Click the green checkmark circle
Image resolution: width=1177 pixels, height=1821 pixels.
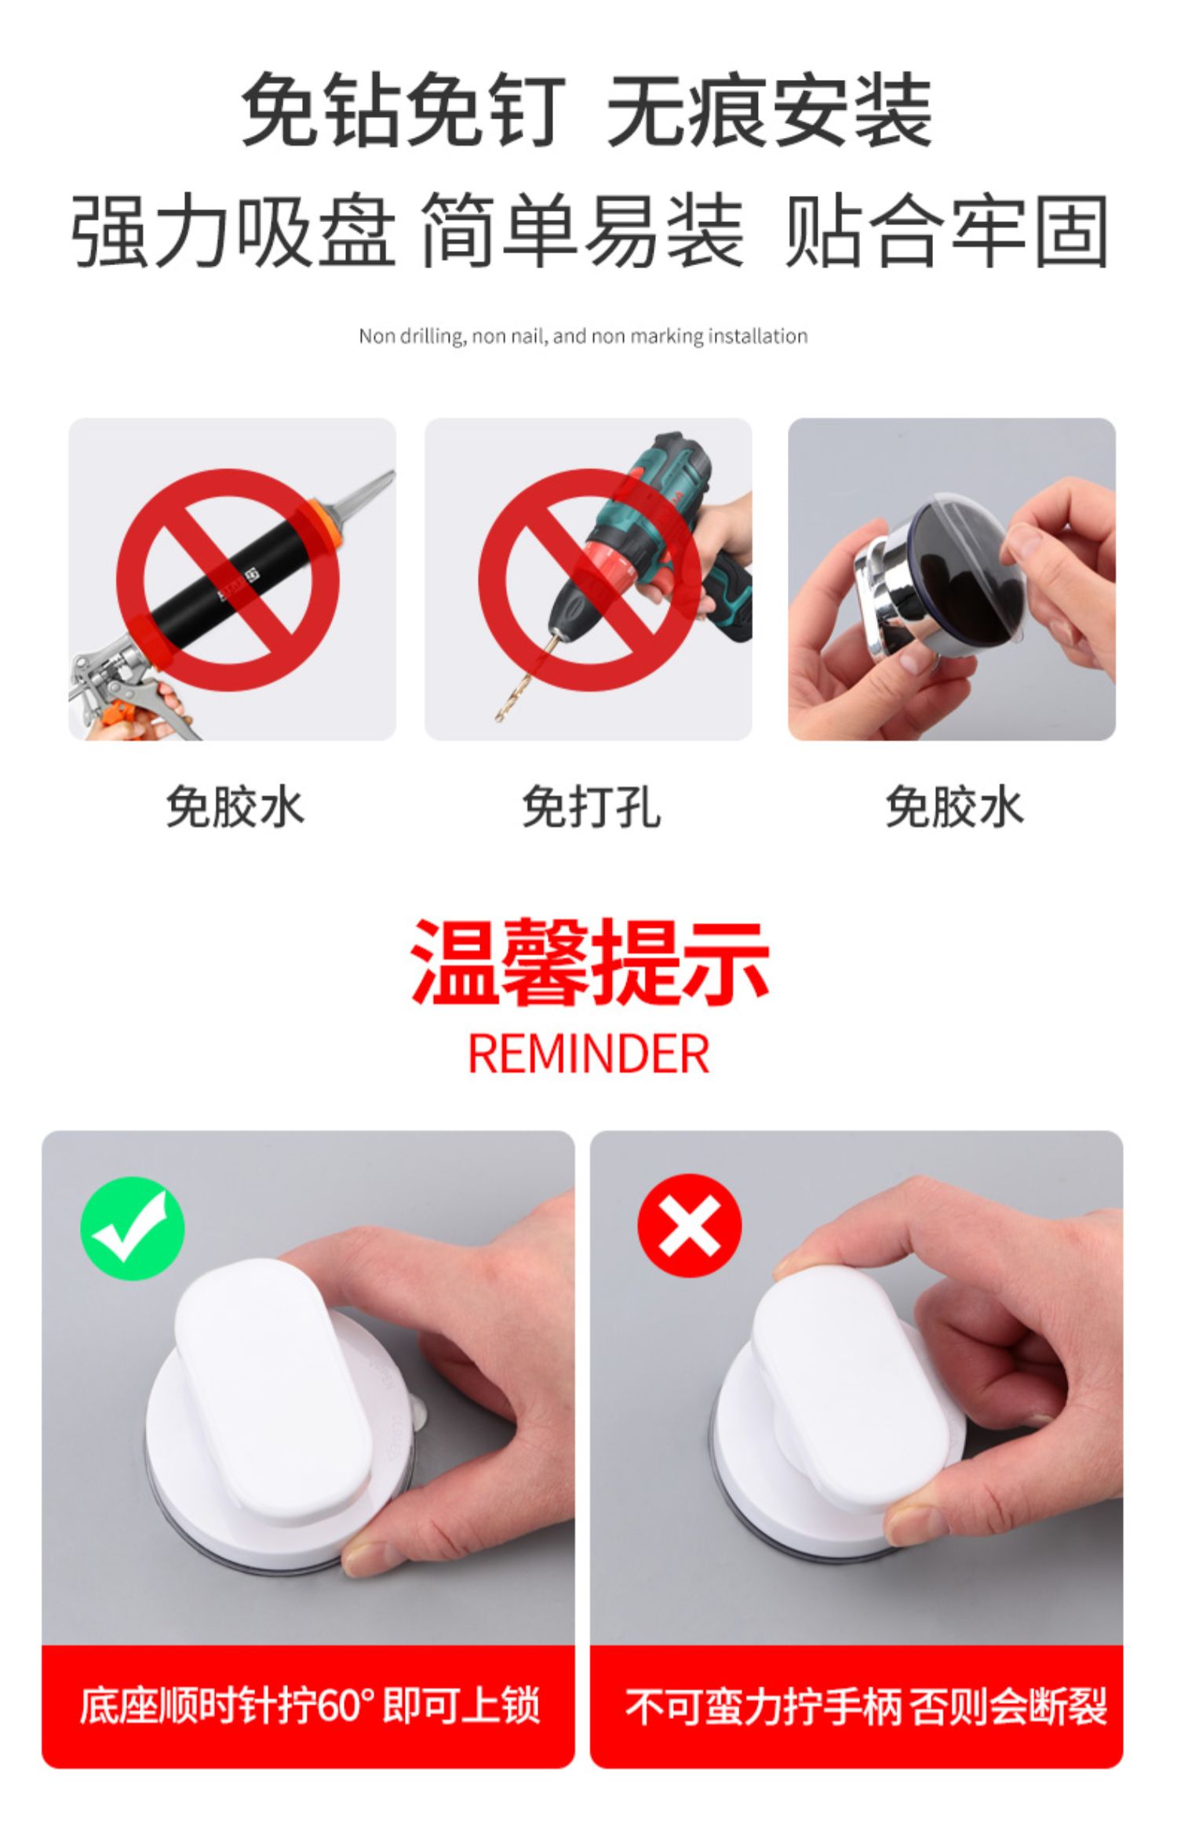pyautogui.click(x=133, y=1228)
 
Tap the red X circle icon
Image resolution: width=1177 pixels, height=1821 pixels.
pyautogui.click(x=689, y=1226)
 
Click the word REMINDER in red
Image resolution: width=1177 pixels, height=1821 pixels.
pyautogui.click(x=588, y=1053)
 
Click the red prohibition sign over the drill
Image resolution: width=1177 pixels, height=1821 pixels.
pyautogui.click(x=589, y=580)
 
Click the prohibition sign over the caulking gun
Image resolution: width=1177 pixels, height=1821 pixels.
pyautogui.click(x=228, y=580)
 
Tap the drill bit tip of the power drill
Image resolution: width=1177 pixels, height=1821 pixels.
pyautogui.click(x=498, y=718)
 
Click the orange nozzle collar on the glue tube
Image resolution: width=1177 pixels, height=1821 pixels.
pyautogui.click(x=323, y=523)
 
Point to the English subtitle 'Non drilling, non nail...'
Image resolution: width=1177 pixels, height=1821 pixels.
pyautogui.click(x=583, y=336)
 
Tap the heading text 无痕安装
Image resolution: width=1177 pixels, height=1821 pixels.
pyautogui.click(x=770, y=111)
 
